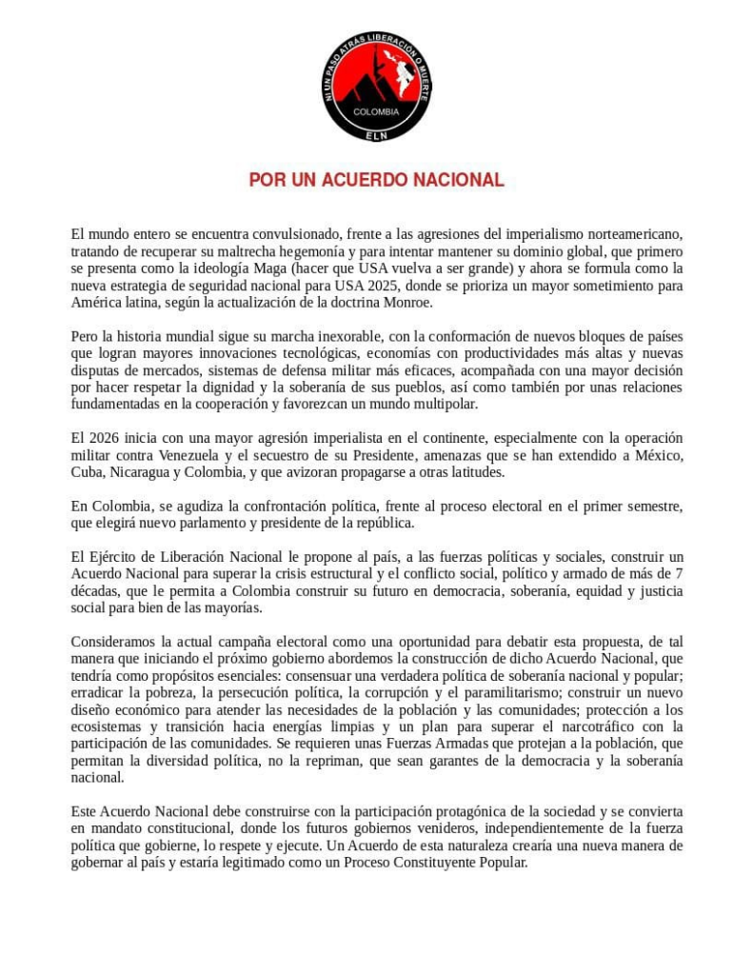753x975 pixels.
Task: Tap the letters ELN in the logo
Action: pyautogui.click(x=376, y=134)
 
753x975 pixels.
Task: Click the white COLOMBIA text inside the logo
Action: pyautogui.click(x=376, y=111)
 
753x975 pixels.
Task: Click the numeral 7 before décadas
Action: pyautogui.click(x=678, y=574)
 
